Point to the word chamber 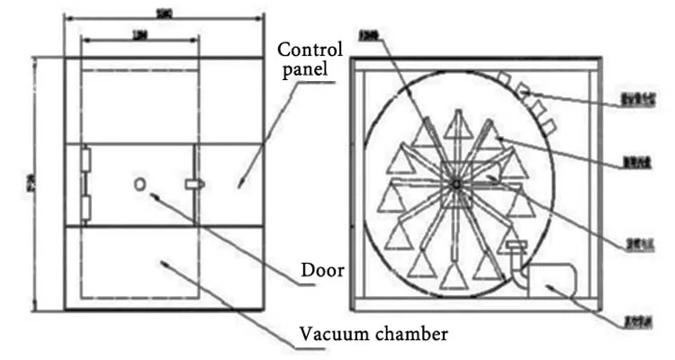click(403, 335)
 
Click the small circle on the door click(139, 184)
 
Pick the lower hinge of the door click(85, 209)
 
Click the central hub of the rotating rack click(457, 184)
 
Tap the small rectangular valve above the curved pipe click(516, 246)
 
